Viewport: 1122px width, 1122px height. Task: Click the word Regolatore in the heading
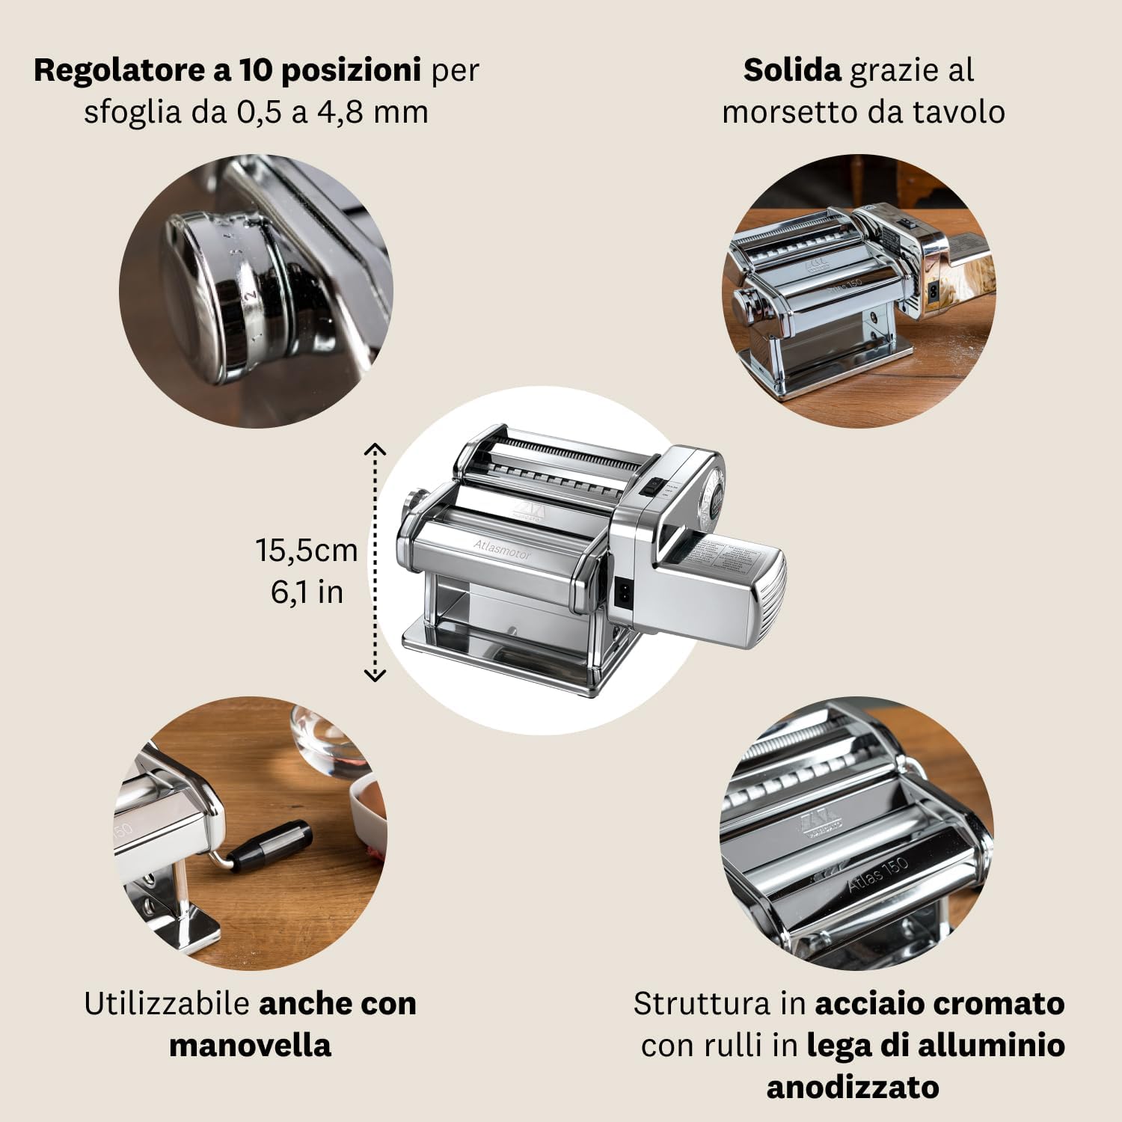tap(120, 70)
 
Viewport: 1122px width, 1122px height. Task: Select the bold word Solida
tap(792, 70)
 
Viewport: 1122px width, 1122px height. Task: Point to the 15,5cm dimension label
tap(307, 551)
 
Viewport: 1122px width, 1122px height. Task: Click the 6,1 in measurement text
tap(307, 592)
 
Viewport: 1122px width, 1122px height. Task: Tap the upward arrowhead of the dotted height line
tap(375, 449)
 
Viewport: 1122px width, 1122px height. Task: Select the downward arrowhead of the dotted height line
tap(375, 675)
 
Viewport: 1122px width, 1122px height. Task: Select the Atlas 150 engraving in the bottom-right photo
tap(878, 874)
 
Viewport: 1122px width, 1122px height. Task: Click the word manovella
tap(250, 1045)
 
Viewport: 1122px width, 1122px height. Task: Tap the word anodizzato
tap(853, 1087)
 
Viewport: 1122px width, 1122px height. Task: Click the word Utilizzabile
tap(166, 1004)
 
